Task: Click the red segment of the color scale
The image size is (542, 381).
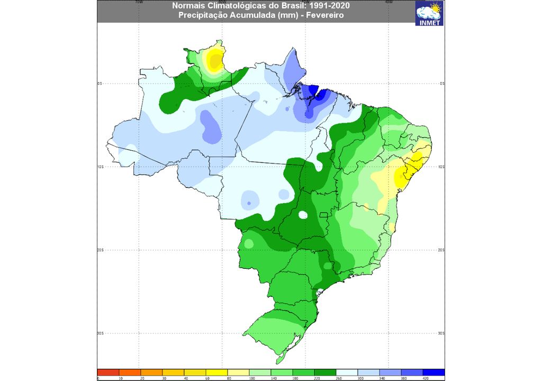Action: (109, 373)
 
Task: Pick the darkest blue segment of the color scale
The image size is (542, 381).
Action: (433, 373)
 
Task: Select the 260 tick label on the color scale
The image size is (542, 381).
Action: (337, 378)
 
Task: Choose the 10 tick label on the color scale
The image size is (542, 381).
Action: (120, 378)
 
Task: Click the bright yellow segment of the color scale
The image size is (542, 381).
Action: (216, 373)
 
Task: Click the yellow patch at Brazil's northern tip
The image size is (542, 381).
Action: (214, 60)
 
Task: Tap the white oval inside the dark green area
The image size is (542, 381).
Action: (303, 215)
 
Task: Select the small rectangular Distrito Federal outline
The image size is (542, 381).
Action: (323, 215)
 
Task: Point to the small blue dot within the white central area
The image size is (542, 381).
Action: (248, 204)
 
